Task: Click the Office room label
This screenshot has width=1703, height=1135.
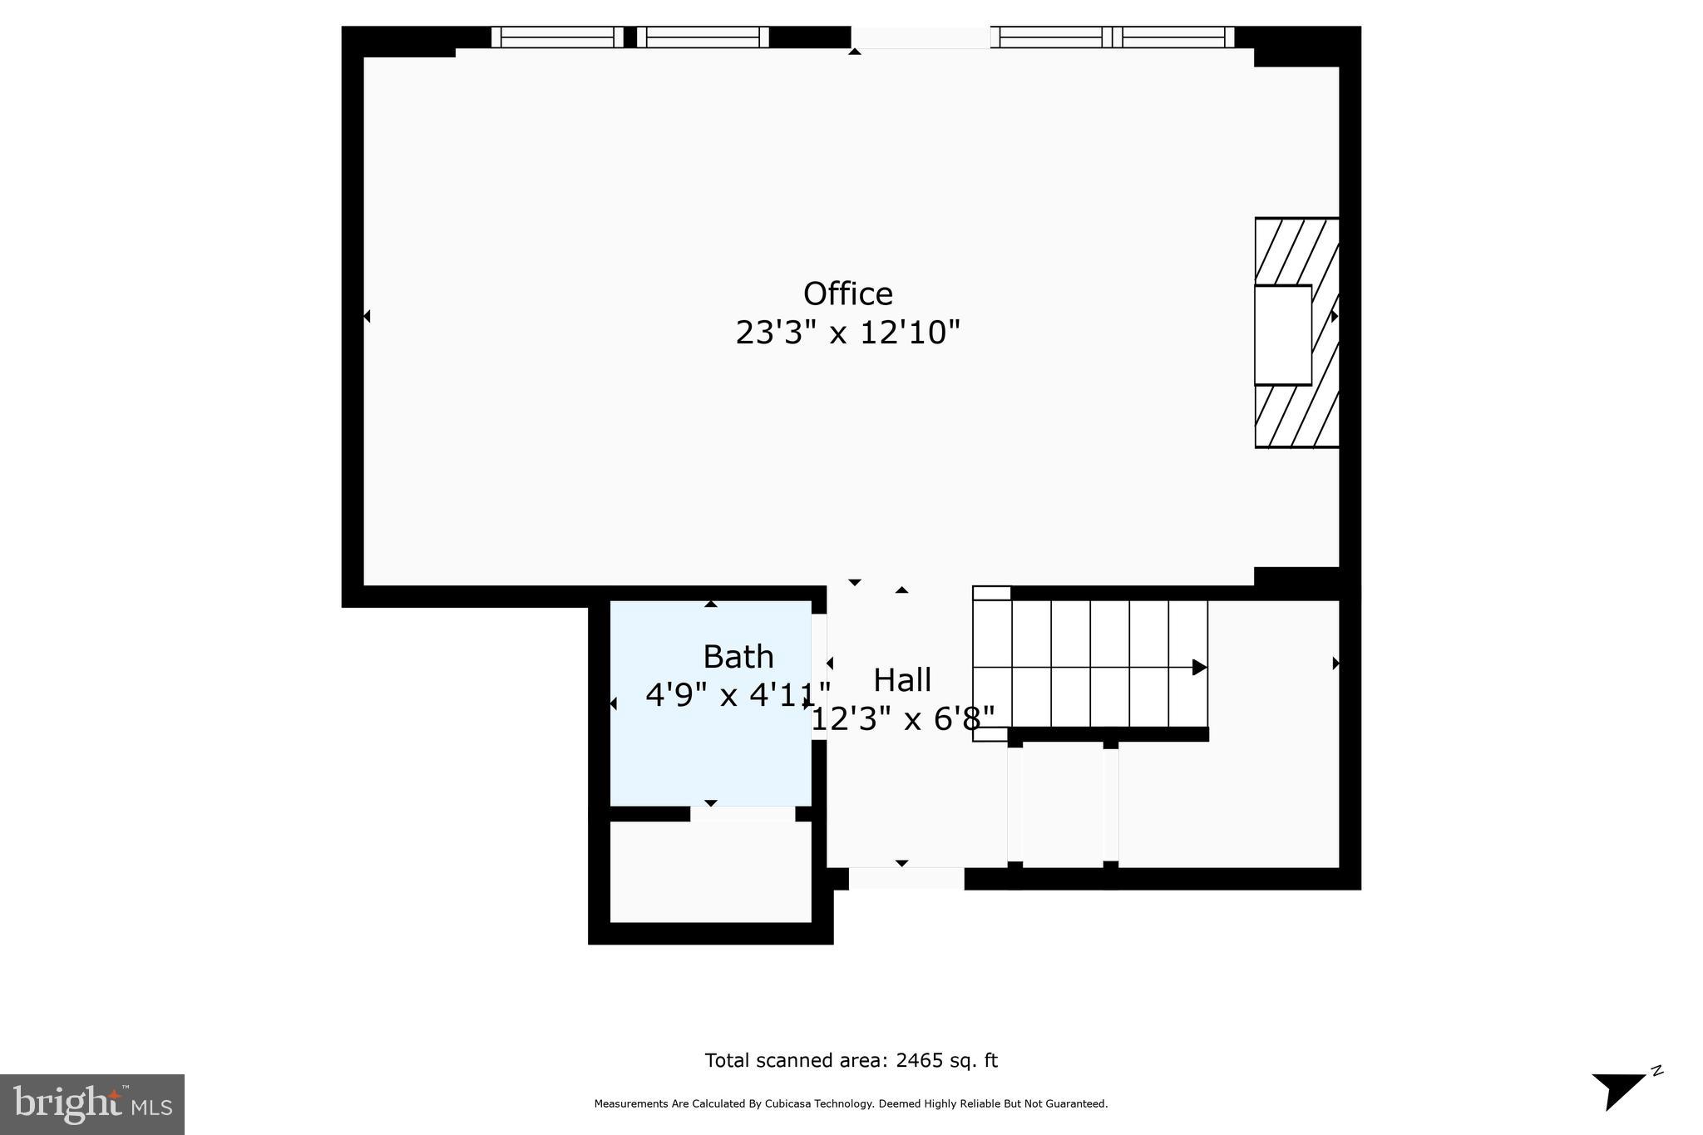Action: (x=847, y=294)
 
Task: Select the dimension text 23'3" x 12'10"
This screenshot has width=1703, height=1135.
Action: (x=847, y=333)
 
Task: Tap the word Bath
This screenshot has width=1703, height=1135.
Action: (x=738, y=657)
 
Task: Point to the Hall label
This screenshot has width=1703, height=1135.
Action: (x=901, y=680)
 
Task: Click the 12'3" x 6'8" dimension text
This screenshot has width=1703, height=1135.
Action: (x=902, y=718)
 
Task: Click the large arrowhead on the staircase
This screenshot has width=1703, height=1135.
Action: (x=1199, y=667)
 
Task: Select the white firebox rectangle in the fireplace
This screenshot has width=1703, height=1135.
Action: (x=1282, y=335)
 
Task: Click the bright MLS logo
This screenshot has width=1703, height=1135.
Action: (x=92, y=1104)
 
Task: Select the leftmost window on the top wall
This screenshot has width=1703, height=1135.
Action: (x=556, y=37)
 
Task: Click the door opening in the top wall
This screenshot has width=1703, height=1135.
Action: (x=920, y=37)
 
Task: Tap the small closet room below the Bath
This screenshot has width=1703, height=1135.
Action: (x=710, y=871)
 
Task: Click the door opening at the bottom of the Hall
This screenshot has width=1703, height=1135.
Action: (x=906, y=878)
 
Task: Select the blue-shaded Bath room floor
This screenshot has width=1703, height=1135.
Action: (x=710, y=757)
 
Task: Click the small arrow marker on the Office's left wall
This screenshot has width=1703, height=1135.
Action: (x=367, y=316)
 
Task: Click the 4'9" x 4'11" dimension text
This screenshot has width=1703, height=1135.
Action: (x=738, y=694)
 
